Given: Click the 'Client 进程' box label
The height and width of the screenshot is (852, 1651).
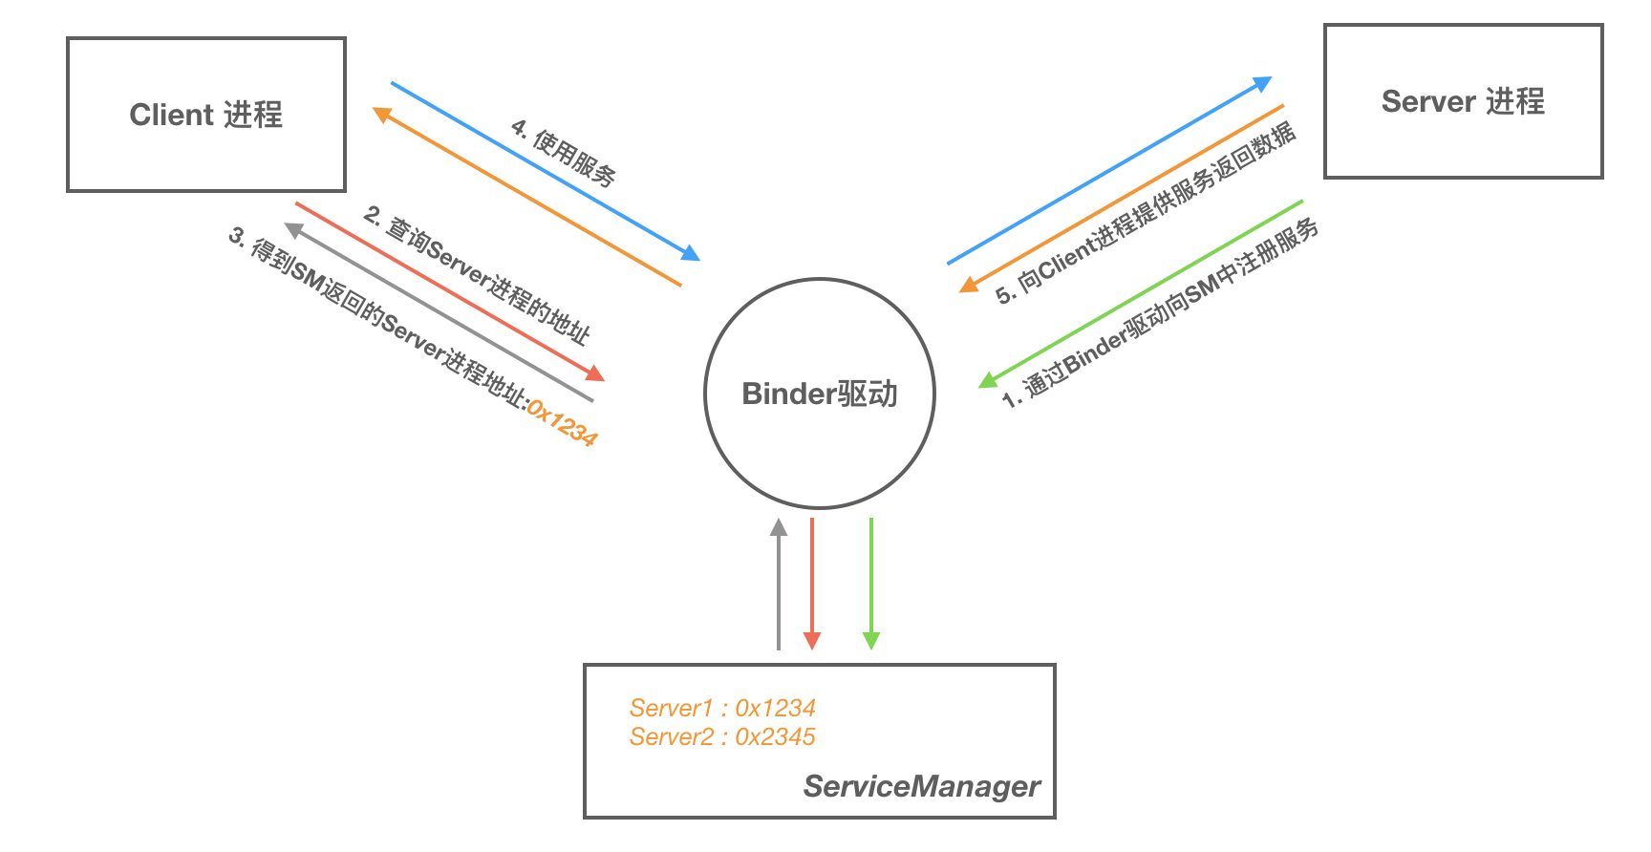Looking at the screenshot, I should click(x=206, y=115).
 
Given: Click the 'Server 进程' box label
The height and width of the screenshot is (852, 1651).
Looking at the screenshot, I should click(x=1463, y=101).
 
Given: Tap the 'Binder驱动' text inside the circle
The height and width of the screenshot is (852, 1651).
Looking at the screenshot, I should click(x=820, y=394).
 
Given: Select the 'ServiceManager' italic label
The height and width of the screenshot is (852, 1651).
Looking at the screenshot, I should click(x=921, y=786).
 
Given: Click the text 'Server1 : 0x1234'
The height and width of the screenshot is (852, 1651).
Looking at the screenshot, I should click(x=722, y=708).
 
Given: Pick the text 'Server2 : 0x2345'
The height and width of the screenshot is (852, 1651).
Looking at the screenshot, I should click(x=722, y=736).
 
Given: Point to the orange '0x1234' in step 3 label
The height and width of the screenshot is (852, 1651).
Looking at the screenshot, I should click(x=562, y=424).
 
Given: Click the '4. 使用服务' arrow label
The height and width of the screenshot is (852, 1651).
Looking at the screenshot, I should click(x=564, y=152).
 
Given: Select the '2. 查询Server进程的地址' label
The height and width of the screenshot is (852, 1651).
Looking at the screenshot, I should click(x=477, y=274).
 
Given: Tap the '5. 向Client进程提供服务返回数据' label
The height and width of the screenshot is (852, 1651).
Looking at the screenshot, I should click(x=1146, y=212).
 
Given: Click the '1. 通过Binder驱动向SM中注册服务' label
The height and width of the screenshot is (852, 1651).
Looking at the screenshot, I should click(x=1161, y=313).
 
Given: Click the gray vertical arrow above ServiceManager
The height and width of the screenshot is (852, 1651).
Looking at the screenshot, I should click(x=779, y=583).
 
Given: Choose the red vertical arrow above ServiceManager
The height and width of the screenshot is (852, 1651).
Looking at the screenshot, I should click(x=812, y=583).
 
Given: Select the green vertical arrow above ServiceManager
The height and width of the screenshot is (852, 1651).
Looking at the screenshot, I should click(x=870, y=583).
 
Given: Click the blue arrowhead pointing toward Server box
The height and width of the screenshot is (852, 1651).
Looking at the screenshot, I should click(x=1263, y=84).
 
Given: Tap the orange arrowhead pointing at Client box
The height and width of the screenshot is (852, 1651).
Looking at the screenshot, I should click(x=382, y=115).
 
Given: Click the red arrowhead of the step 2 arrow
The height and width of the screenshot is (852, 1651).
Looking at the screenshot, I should click(x=595, y=373).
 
